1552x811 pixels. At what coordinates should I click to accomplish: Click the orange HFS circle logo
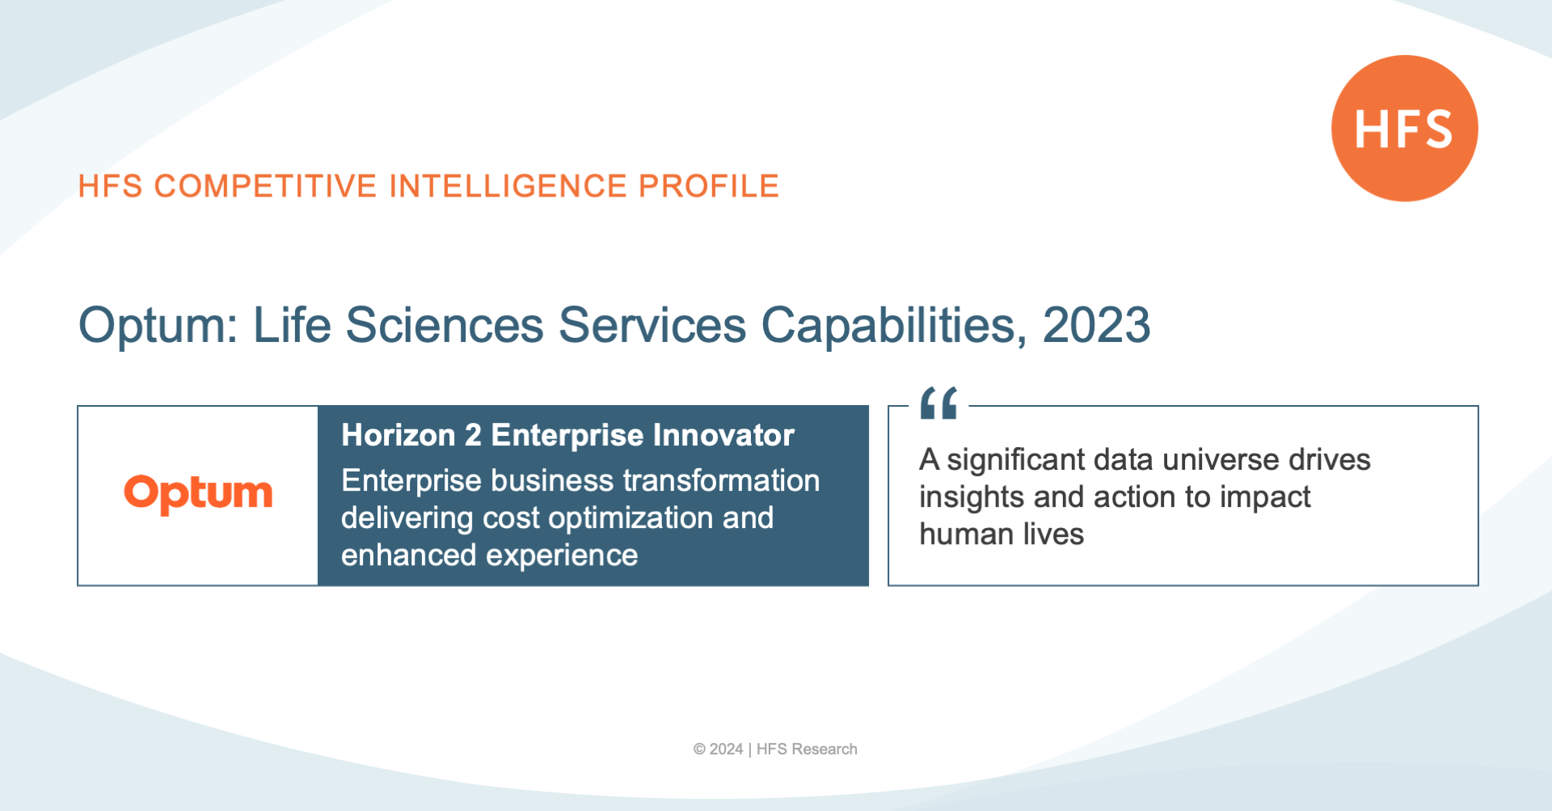click(1405, 128)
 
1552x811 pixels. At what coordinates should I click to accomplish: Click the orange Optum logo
click(198, 494)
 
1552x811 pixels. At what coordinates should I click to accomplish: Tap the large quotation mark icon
click(938, 403)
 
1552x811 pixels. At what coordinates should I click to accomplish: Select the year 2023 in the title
click(1096, 325)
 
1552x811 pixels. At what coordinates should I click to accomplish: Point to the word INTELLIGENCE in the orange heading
click(508, 186)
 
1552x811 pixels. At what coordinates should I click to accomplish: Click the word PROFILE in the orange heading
click(709, 186)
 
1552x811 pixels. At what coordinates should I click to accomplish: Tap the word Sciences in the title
click(445, 325)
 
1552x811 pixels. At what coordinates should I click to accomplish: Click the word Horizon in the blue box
click(399, 435)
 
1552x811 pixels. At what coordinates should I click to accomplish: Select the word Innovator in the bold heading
click(723, 435)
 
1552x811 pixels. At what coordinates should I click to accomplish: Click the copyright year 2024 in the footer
click(726, 750)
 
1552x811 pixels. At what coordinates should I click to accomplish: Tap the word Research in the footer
click(824, 750)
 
